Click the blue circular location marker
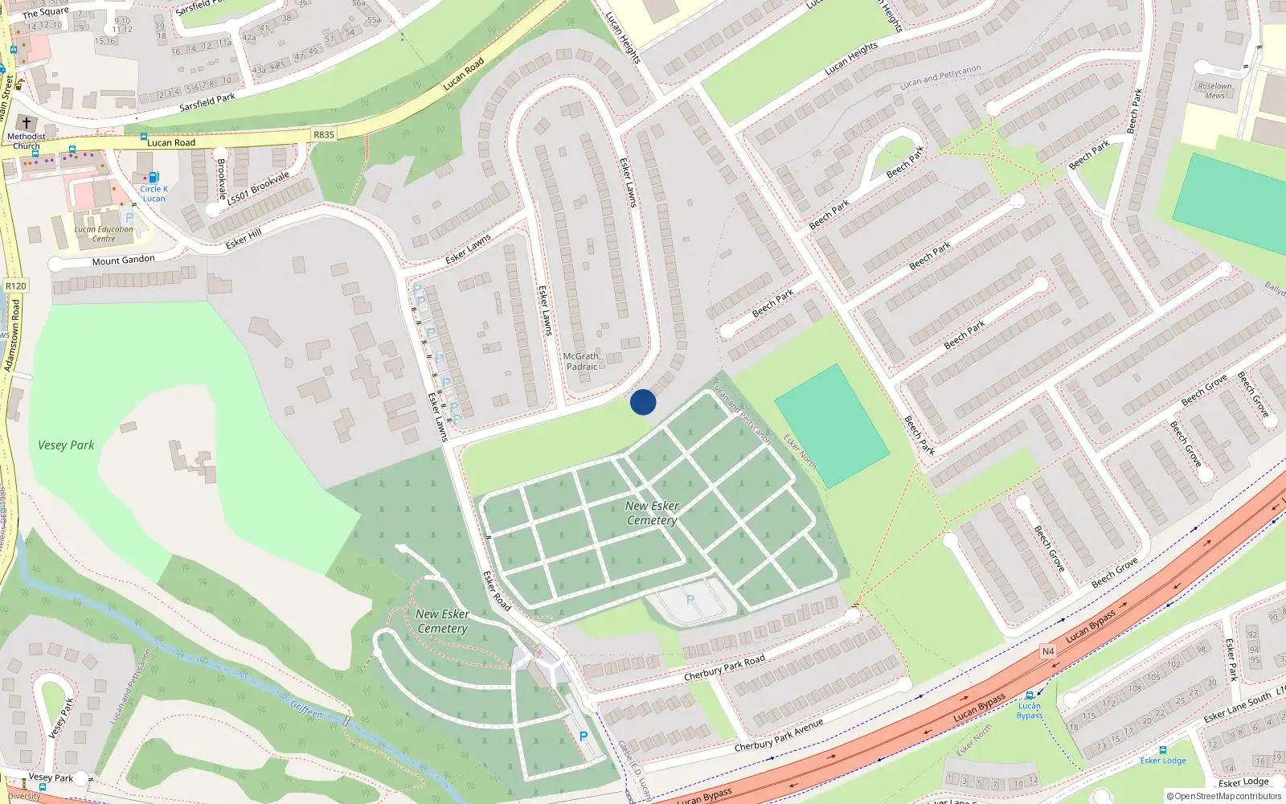(x=643, y=402)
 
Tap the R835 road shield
(x=324, y=134)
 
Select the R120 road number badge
(x=15, y=285)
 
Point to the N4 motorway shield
(x=1048, y=651)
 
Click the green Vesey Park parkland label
(x=66, y=445)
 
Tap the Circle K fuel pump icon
(x=154, y=177)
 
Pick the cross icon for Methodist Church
(x=27, y=123)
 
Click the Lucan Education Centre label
(x=104, y=234)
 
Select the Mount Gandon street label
(x=123, y=260)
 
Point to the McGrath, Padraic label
(x=582, y=361)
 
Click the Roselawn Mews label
(x=1214, y=91)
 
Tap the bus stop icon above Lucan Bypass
(x=1029, y=695)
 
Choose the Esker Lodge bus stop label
(x=1162, y=761)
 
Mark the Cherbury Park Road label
(x=724, y=668)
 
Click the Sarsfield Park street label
(x=207, y=102)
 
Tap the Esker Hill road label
(x=244, y=238)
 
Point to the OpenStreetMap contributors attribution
(x=1224, y=797)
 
